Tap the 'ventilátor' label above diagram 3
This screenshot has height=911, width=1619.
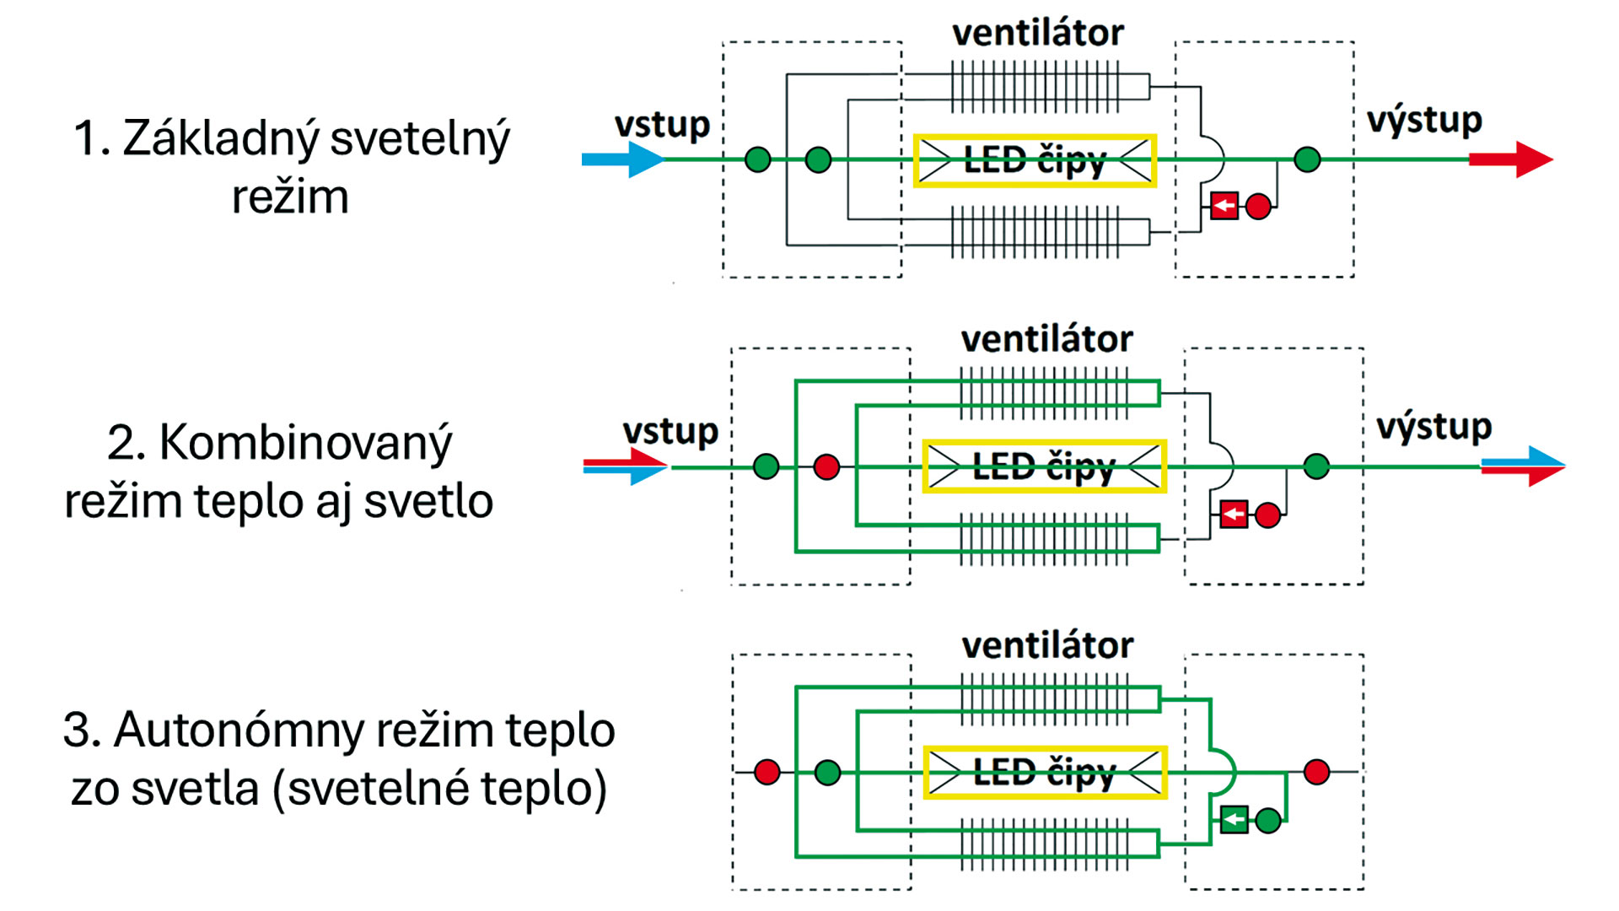click(x=1047, y=645)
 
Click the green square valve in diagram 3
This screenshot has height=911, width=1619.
click(x=1234, y=819)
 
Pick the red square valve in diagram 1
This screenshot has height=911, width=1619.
click(x=1224, y=206)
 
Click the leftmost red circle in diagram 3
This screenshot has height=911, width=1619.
click(x=767, y=772)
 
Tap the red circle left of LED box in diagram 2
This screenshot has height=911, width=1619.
click(x=826, y=466)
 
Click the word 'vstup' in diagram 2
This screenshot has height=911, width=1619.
click(x=670, y=431)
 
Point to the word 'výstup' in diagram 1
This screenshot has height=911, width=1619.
click(x=1424, y=121)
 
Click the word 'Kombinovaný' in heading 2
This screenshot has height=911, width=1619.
click(x=305, y=442)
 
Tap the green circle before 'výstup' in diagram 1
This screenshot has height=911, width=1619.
click(x=1307, y=159)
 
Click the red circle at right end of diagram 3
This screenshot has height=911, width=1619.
click(x=1316, y=772)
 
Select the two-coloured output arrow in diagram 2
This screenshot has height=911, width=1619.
click(x=1523, y=466)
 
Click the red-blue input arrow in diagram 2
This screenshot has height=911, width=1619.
click(x=626, y=466)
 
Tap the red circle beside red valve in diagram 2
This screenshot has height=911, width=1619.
click(x=1267, y=515)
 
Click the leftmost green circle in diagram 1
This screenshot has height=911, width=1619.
click(x=758, y=159)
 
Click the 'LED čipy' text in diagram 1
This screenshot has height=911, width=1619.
click(x=1034, y=159)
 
